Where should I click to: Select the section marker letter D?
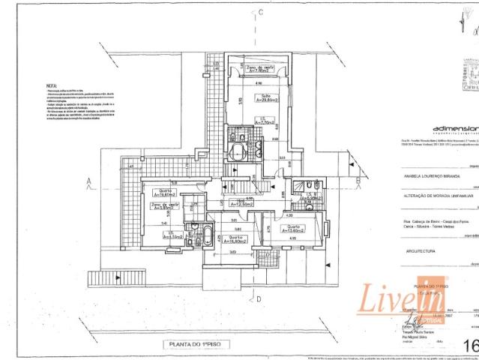[x=257, y=299]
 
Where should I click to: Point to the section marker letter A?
[x=88, y=181]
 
